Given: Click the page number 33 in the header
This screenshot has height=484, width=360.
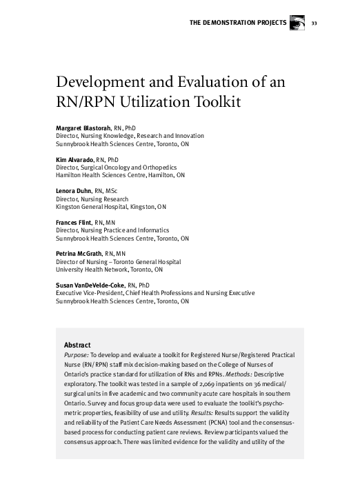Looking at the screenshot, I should tap(314, 23).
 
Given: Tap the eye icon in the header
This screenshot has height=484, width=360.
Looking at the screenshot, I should tap(297, 23).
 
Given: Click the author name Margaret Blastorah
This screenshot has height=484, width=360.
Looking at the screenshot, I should tap(83, 129).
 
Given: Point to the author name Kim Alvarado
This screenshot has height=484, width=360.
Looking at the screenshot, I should tap(74, 159).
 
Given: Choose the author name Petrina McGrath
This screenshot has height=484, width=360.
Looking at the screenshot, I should tap(79, 254).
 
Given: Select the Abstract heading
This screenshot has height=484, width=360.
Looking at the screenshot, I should tap(77, 345).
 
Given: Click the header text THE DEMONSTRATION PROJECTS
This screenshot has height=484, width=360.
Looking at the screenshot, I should tap(237, 23).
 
